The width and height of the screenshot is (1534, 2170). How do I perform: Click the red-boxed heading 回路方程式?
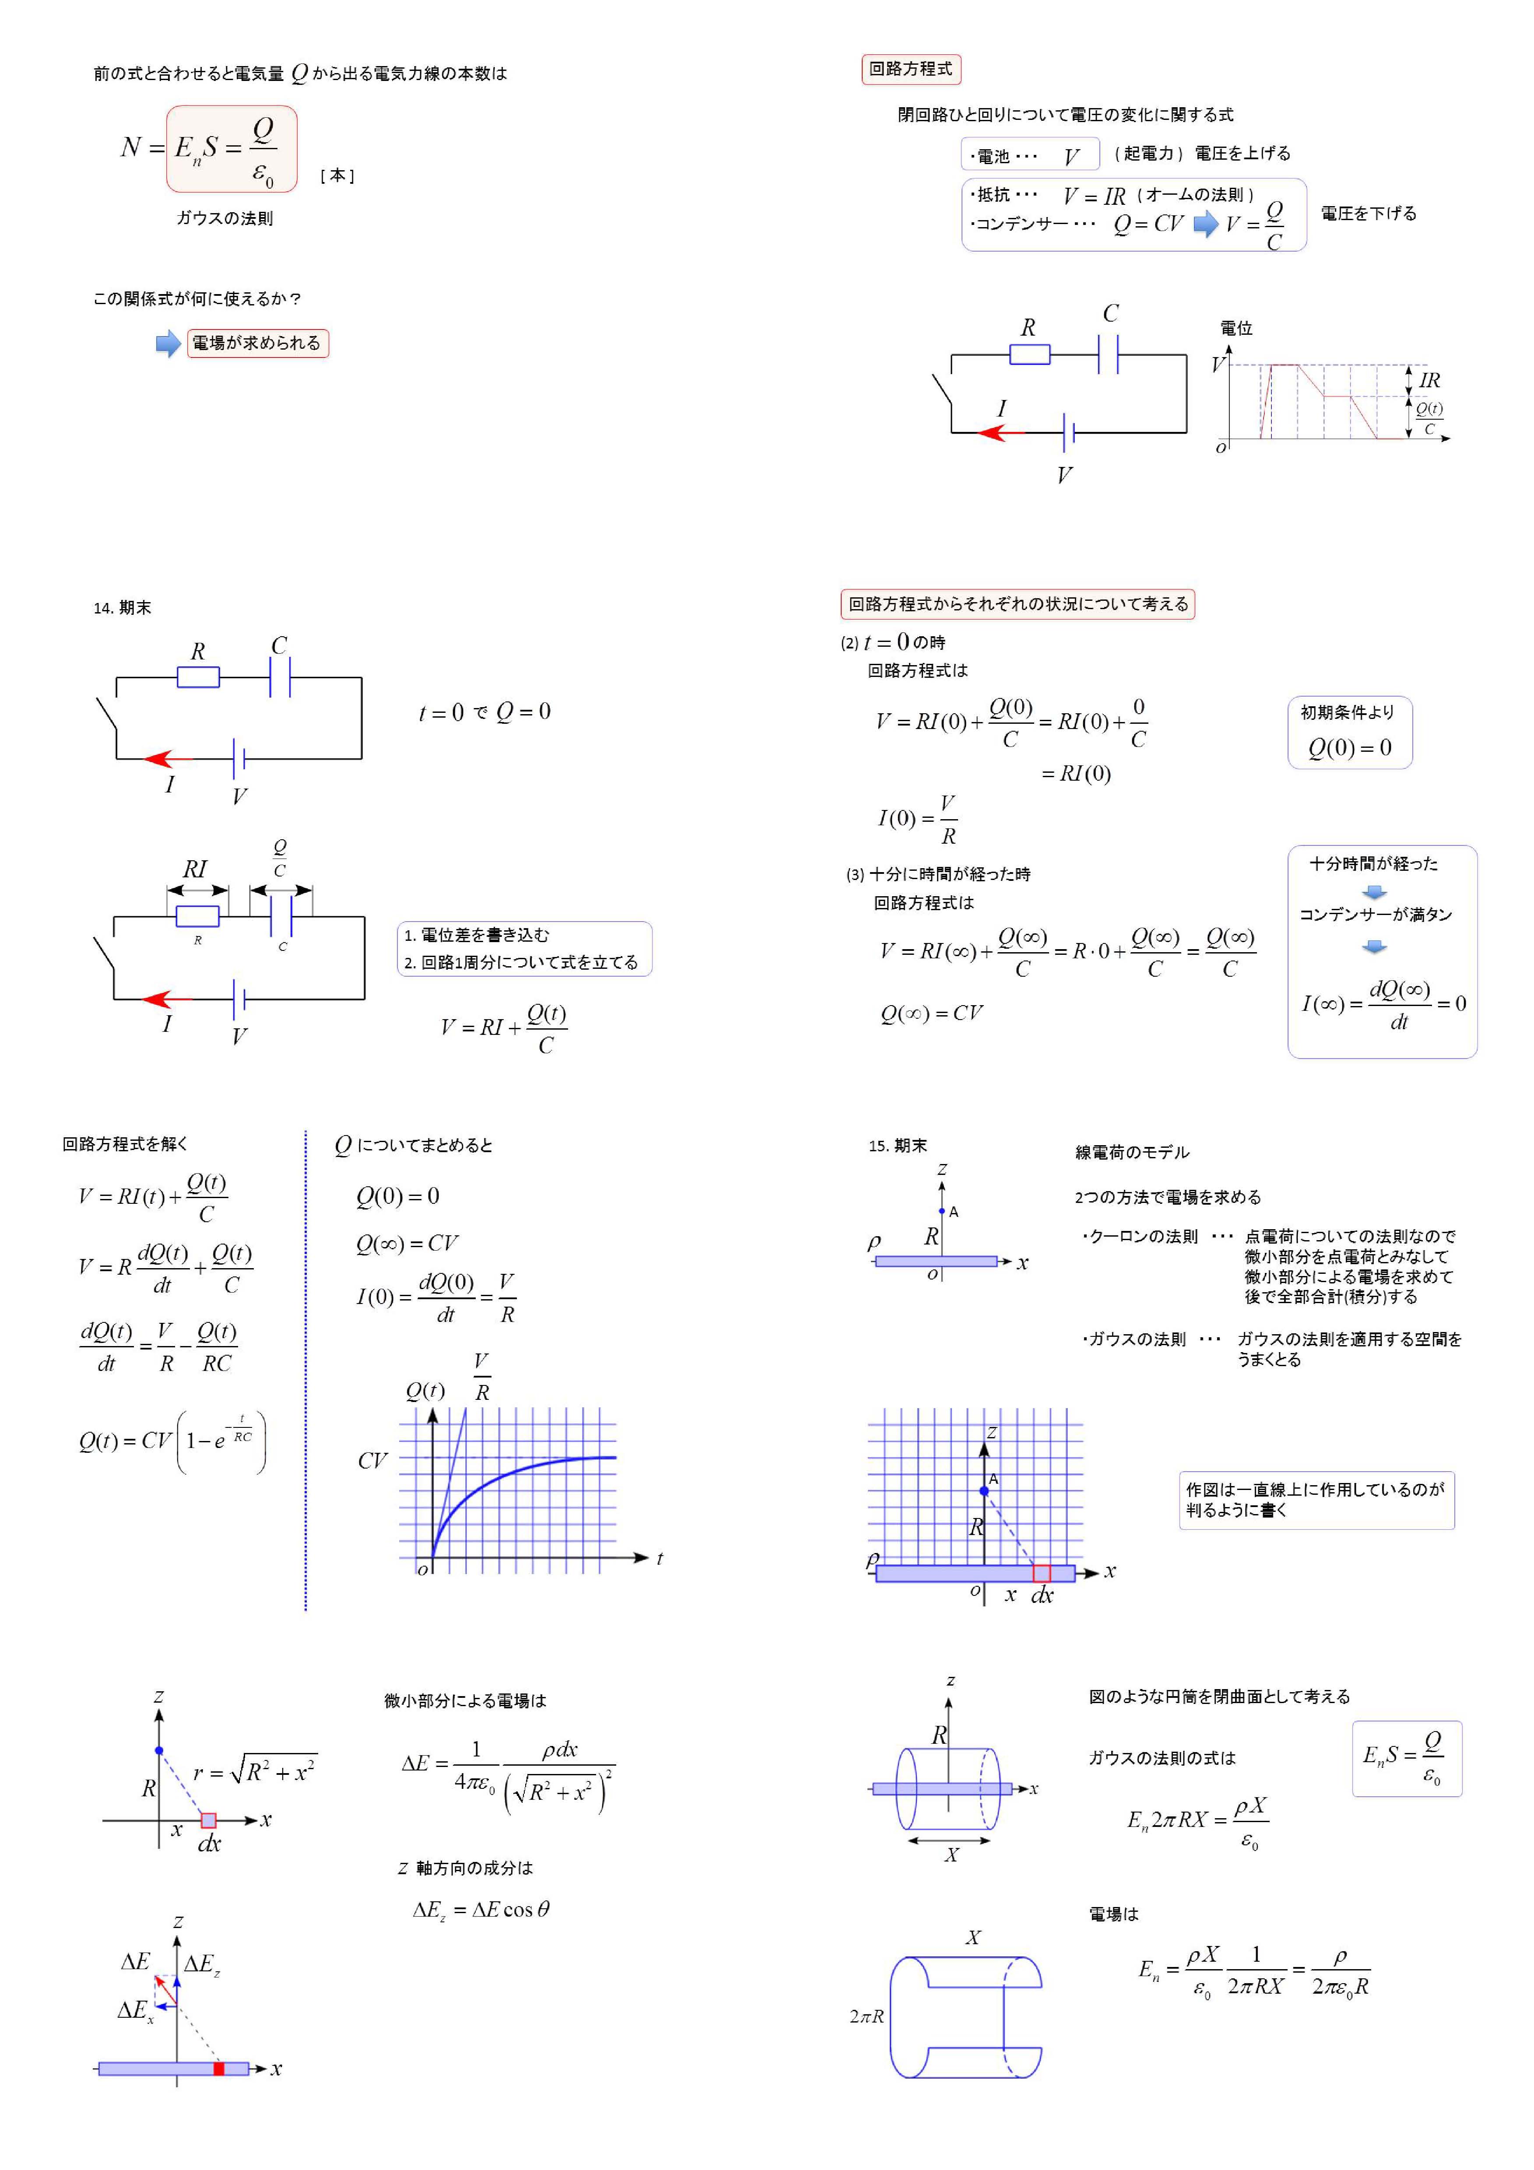click(x=910, y=69)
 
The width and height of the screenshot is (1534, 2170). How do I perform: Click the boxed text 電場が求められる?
click(x=257, y=343)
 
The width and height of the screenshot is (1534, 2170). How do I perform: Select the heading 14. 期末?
click(x=122, y=608)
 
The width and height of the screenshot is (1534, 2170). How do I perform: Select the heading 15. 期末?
click(x=897, y=1146)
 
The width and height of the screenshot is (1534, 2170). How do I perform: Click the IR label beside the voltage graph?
click(x=1429, y=380)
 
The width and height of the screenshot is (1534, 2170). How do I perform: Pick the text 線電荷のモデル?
click(x=1131, y=1152)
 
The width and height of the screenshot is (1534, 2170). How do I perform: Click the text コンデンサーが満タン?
click(x=1375, y=914)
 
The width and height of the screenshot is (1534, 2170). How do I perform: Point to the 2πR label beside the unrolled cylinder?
click(x=866, y=2016)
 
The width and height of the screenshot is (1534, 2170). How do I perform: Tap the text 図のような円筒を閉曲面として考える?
click(x=1219, y=1697)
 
